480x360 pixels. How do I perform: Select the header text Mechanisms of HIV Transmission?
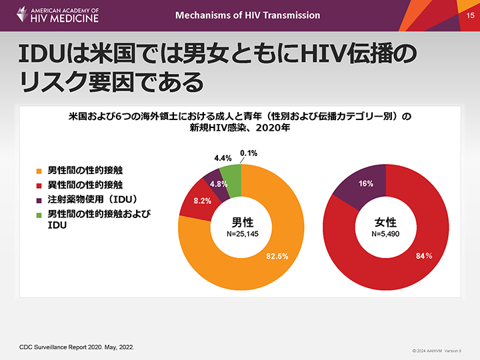[x=247, y=15]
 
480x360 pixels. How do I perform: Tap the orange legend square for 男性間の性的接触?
[x=39, y=171]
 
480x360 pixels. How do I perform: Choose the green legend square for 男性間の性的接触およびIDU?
[x=39, y=214]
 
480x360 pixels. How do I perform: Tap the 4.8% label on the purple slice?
[x=220, y=184]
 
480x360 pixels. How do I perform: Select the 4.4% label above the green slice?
[x=223, y=159]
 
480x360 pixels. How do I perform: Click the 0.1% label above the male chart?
[x=249, y=153]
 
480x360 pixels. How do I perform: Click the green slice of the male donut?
[x=231, y=177]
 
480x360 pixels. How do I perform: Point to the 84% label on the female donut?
[x=425, y=257]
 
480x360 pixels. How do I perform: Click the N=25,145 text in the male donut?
[x=243, y=235]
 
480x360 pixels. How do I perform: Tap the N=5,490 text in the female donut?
[x=385, y=235]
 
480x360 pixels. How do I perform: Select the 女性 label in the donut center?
[x=385, y=222]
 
